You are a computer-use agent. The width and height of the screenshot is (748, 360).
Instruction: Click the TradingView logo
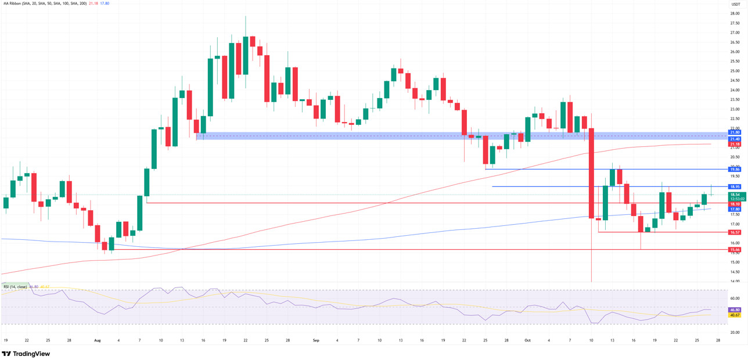26,354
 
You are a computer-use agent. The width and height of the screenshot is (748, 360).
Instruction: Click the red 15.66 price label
735,250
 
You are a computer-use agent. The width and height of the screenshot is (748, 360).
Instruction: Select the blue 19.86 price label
735,170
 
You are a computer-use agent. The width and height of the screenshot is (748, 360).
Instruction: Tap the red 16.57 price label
735,232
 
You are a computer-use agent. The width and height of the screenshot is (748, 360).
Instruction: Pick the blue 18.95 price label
735,187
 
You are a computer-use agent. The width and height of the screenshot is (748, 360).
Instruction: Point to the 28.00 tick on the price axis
735,13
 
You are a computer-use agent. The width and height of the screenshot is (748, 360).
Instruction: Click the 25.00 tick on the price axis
735,71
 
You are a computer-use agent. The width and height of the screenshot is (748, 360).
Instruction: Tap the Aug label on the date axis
97,340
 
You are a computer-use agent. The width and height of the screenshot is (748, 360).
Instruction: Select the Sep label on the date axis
316,340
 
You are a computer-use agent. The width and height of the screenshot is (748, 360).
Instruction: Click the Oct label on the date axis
527,340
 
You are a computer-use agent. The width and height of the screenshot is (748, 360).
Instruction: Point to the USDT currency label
735,4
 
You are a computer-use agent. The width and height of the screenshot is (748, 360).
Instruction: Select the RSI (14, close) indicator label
15,287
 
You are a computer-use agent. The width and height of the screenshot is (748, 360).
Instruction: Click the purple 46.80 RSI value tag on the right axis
735,310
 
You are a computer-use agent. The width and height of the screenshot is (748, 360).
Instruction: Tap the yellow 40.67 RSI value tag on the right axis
735,315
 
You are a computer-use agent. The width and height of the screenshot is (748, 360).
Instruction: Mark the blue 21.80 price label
735,132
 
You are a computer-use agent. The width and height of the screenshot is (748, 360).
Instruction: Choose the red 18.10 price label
735,204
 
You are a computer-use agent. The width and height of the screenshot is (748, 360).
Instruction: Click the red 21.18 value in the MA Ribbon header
93,3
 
